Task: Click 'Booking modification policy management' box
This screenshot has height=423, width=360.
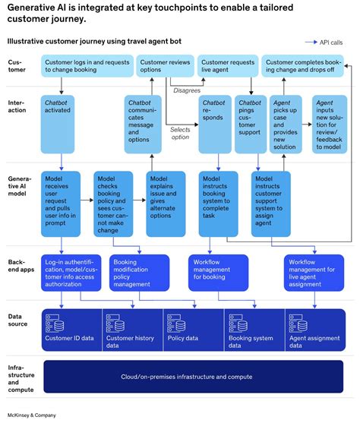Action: click(141, 271)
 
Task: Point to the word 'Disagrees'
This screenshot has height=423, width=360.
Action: click(187, 89)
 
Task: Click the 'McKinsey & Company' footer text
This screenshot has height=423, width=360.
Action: click(33, 414)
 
